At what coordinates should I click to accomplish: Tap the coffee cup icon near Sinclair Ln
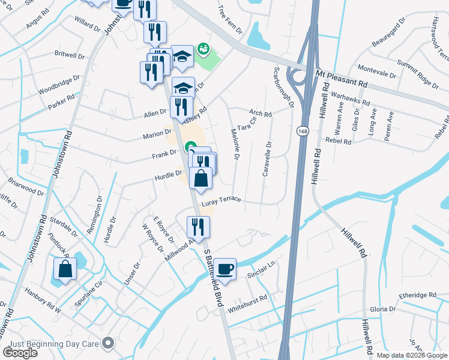226,269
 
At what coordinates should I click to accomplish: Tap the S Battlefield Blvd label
213,281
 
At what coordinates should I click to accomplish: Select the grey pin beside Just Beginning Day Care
109,343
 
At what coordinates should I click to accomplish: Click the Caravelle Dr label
267,159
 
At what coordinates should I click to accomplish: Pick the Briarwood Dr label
26,185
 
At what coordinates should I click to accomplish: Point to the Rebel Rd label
338,141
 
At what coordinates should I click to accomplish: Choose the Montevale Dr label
377,71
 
